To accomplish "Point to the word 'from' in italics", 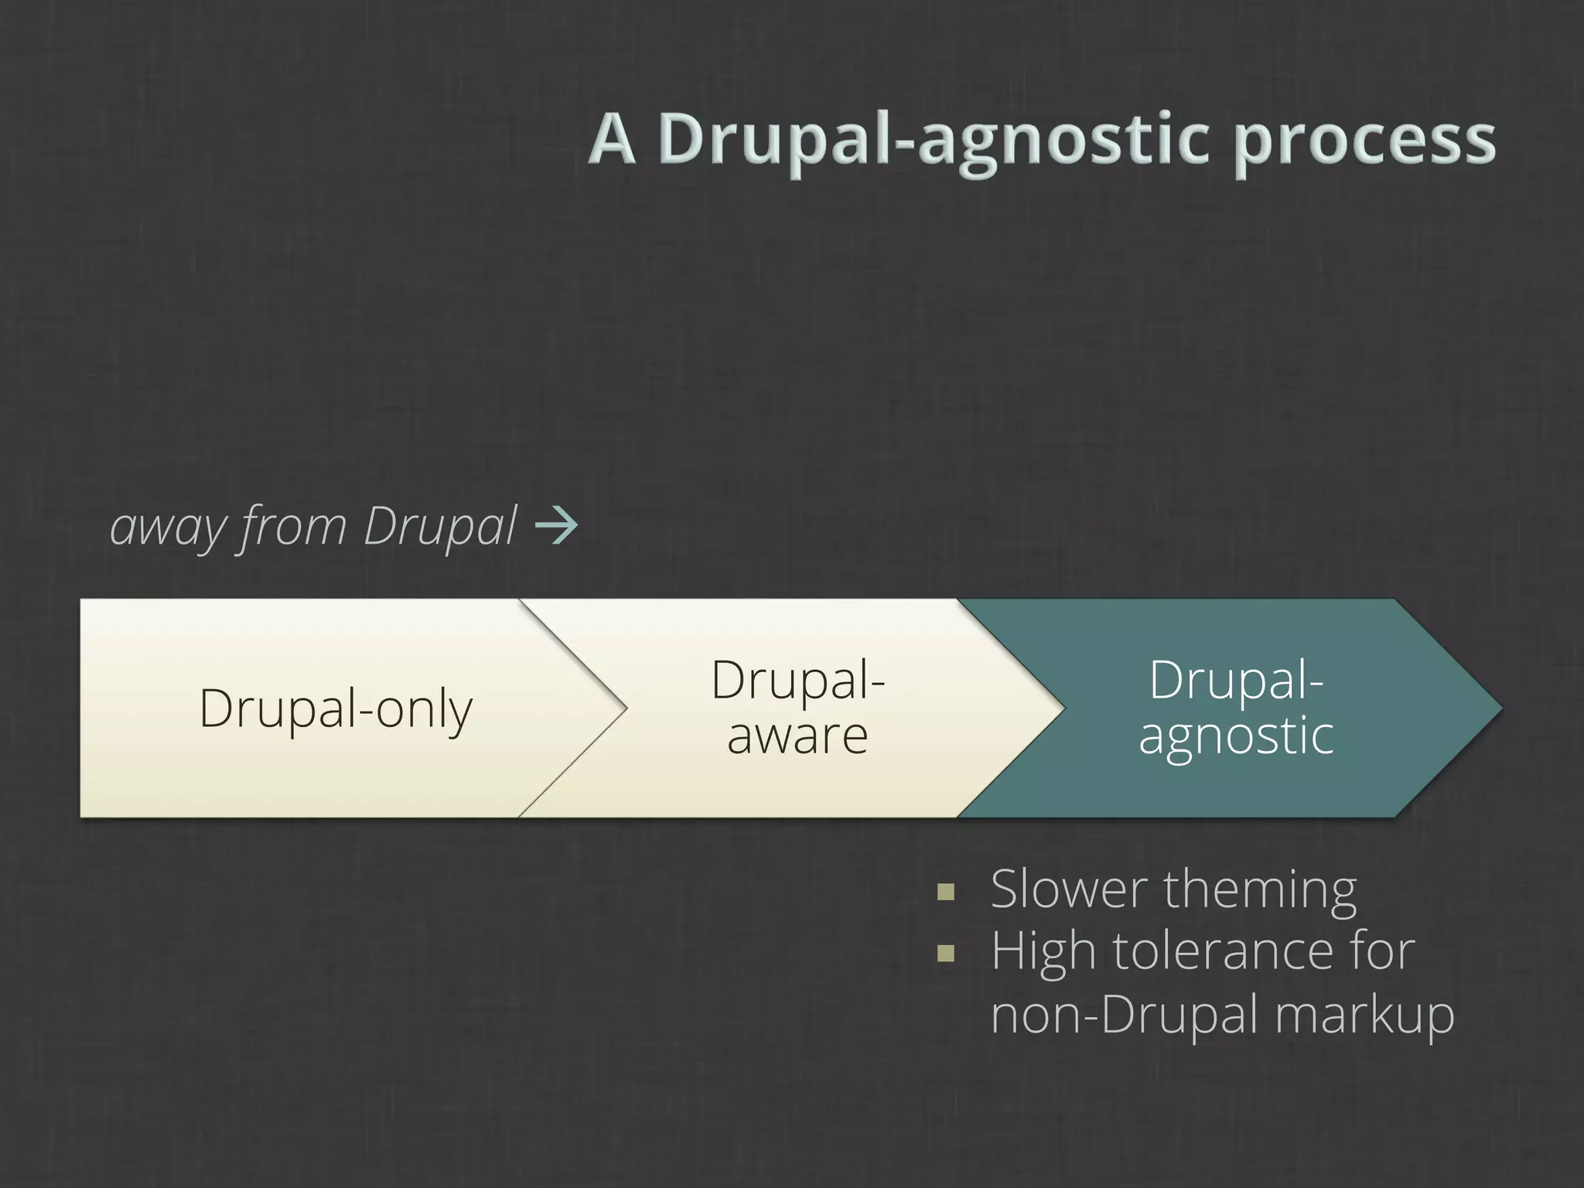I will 295,527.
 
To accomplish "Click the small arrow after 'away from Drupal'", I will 556,527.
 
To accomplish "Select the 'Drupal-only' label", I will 336,708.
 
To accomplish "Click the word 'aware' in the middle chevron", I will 797,736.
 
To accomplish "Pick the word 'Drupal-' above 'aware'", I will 797,681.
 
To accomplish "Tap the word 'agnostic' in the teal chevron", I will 1235,737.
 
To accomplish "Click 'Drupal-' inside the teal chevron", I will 1235,681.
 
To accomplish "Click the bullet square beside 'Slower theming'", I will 945,893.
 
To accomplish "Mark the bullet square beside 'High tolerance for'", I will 945,954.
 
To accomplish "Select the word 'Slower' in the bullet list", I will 1068,889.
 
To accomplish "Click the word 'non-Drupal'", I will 1125,1015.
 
